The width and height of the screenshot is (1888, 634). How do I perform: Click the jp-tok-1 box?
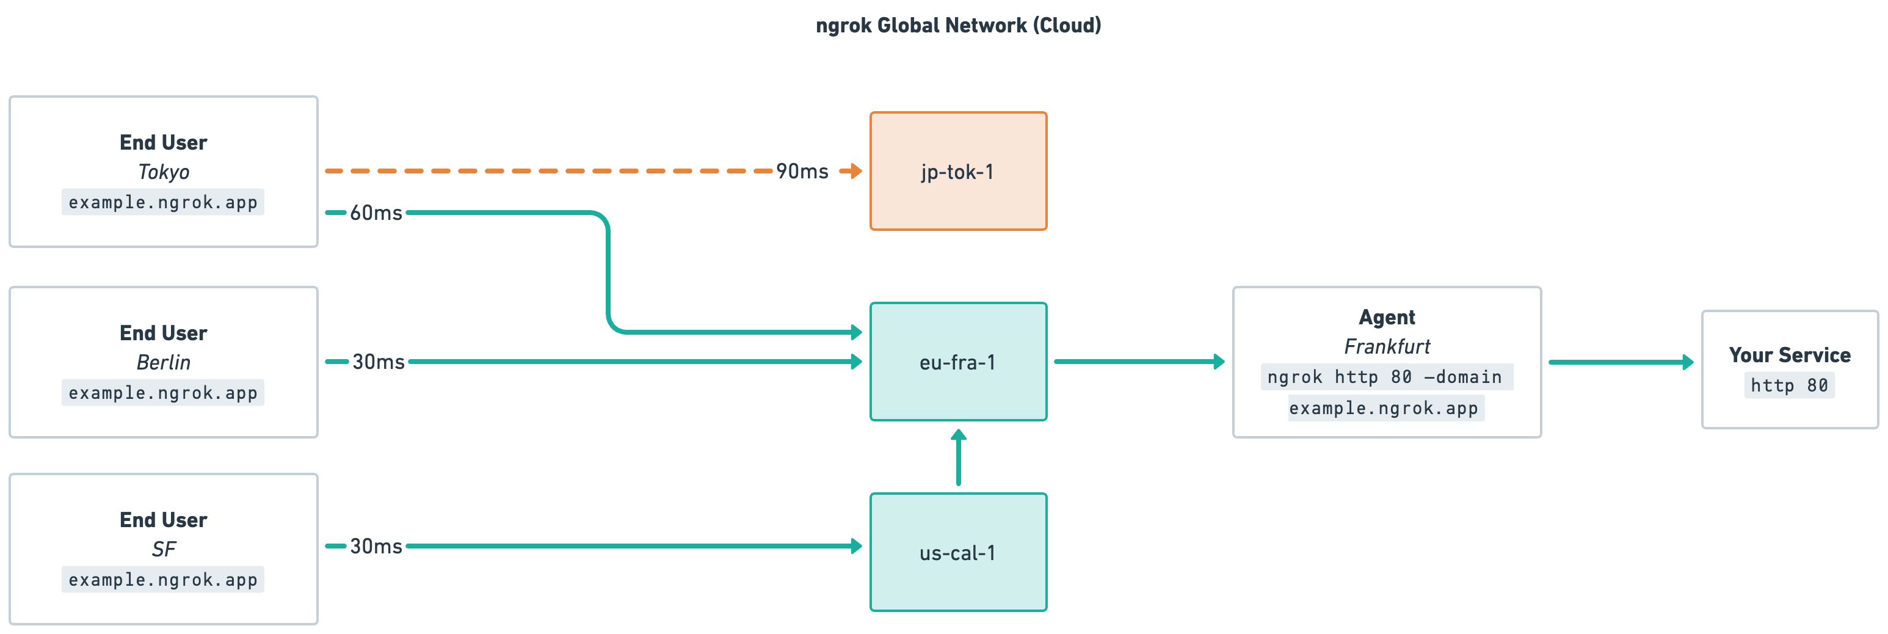tap(958, 172)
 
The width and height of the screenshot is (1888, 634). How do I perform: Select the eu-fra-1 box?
tap(958, 362)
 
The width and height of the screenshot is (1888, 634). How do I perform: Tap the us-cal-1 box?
tap(958, 553)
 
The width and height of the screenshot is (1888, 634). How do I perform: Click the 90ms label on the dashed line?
tap(802, 172)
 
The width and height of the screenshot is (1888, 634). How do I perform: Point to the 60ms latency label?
tap(376, 213)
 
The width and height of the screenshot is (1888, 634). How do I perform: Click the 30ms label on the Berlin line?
tap(378, 362)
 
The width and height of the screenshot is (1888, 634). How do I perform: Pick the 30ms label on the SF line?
tap(376, 547)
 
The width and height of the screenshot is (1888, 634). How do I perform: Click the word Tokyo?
tap(164, 172)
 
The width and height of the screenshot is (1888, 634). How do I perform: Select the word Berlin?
tap(164, 363)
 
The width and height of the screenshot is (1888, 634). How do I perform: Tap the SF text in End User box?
tap(164, 550)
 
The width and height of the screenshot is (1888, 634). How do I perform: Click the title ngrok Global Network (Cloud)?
tap(958, 26)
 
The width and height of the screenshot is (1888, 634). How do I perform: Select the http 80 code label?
tap(1789, 385)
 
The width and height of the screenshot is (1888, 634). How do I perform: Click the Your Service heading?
tap(1789, 355)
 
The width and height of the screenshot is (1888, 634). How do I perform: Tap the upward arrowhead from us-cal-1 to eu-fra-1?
tap(958, 435)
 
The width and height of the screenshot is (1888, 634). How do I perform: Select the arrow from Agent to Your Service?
tap(1620, 362)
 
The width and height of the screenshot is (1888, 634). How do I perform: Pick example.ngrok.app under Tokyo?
tap(162, 202)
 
